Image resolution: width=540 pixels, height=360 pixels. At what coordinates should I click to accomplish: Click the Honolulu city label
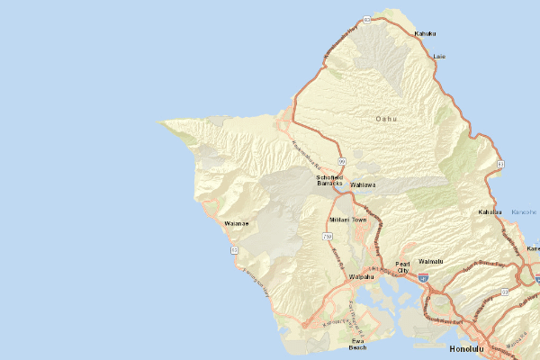pos(465,347)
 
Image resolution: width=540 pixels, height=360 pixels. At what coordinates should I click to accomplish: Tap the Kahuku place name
pos(425,34)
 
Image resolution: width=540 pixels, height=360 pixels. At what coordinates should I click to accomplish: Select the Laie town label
pos(439,56)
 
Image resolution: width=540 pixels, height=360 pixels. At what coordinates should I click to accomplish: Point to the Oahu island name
pos(386,118)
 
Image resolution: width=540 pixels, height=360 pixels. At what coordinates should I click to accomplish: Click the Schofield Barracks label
pos(330,181)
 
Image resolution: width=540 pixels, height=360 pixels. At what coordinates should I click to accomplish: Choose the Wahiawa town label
pos(362,184)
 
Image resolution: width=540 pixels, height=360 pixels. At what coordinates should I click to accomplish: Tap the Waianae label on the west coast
pos(236,222)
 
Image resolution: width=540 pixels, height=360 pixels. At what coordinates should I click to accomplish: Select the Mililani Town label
pos(347,220)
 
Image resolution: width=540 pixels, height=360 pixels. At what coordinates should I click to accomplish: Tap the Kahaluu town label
pos(489,212)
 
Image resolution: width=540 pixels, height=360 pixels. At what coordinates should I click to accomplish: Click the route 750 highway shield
pos(327,236)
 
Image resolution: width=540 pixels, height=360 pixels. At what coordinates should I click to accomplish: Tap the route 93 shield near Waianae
pos(234,249)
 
